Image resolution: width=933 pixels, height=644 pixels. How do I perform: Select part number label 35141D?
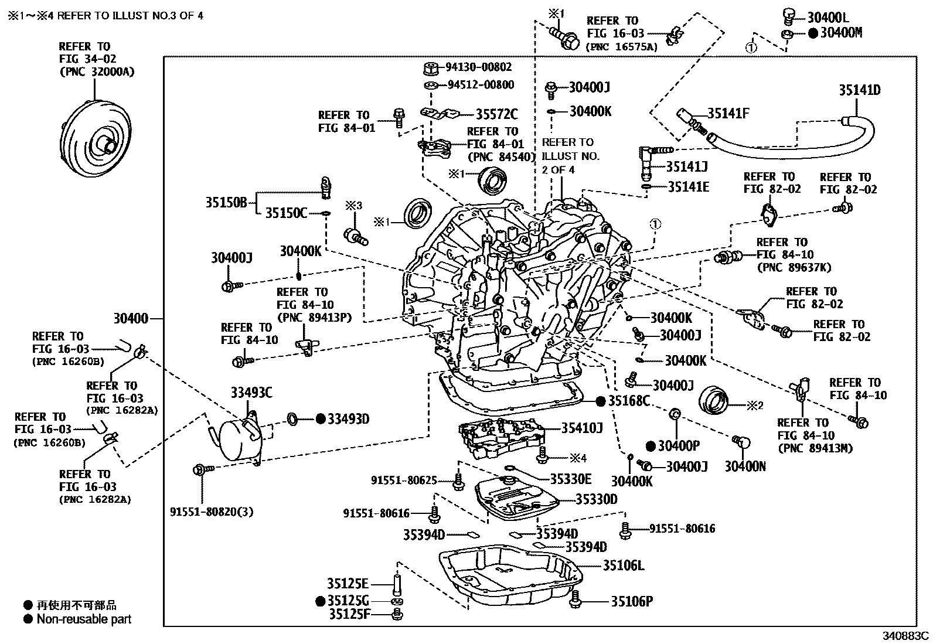click(x=859, y=90)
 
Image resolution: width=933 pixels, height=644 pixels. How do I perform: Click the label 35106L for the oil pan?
click(x=624, y=565)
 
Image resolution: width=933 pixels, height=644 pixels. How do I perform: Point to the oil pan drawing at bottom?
click(x=510, y=577)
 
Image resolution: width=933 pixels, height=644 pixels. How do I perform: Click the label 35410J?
click(x=582, y=428)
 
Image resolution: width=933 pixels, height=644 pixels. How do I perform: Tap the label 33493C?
click(x=251, y=393)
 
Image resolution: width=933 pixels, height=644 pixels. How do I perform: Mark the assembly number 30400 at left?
click(x=131, y=319)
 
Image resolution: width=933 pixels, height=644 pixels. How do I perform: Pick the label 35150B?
click(x=226, y=203)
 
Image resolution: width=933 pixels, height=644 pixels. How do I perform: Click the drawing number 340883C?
click(x=906, y=635)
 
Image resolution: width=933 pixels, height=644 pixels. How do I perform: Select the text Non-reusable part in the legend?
click(x=84, y=619)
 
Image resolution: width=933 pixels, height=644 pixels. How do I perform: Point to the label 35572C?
click(x=496, y=114)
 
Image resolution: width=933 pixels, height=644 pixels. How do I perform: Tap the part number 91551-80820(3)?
click(x=212, y=512)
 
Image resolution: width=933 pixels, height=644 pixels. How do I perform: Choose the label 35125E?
click(x=348, y=584)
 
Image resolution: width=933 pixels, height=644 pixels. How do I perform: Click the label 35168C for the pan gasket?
click(x=629, y=401)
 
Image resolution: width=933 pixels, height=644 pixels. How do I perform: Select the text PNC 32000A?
click(x=97, y=71)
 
